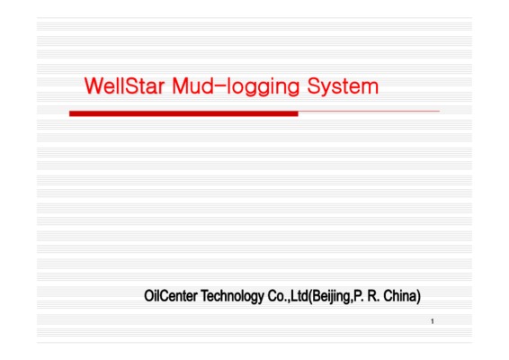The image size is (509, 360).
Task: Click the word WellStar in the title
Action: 124,85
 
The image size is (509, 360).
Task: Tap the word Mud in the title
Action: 192,85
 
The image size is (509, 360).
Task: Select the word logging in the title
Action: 263,87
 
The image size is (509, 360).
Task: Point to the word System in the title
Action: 343,87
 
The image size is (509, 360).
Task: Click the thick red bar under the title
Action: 183,113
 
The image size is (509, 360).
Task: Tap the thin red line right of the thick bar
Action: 369,111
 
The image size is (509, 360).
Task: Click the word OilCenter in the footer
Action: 171,296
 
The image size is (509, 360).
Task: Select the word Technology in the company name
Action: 232,296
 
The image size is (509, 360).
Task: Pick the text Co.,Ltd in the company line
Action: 288,296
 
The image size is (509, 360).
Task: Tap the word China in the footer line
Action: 400,296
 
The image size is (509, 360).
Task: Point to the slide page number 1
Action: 433,321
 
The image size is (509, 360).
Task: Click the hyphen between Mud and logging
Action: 219,86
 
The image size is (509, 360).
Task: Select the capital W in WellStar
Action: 94,85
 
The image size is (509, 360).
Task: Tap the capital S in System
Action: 314,85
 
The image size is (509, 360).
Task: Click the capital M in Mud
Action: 180,85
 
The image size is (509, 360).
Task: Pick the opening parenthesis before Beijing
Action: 310,297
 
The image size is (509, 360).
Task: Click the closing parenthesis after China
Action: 419,297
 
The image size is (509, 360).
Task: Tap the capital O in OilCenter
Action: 148,296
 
